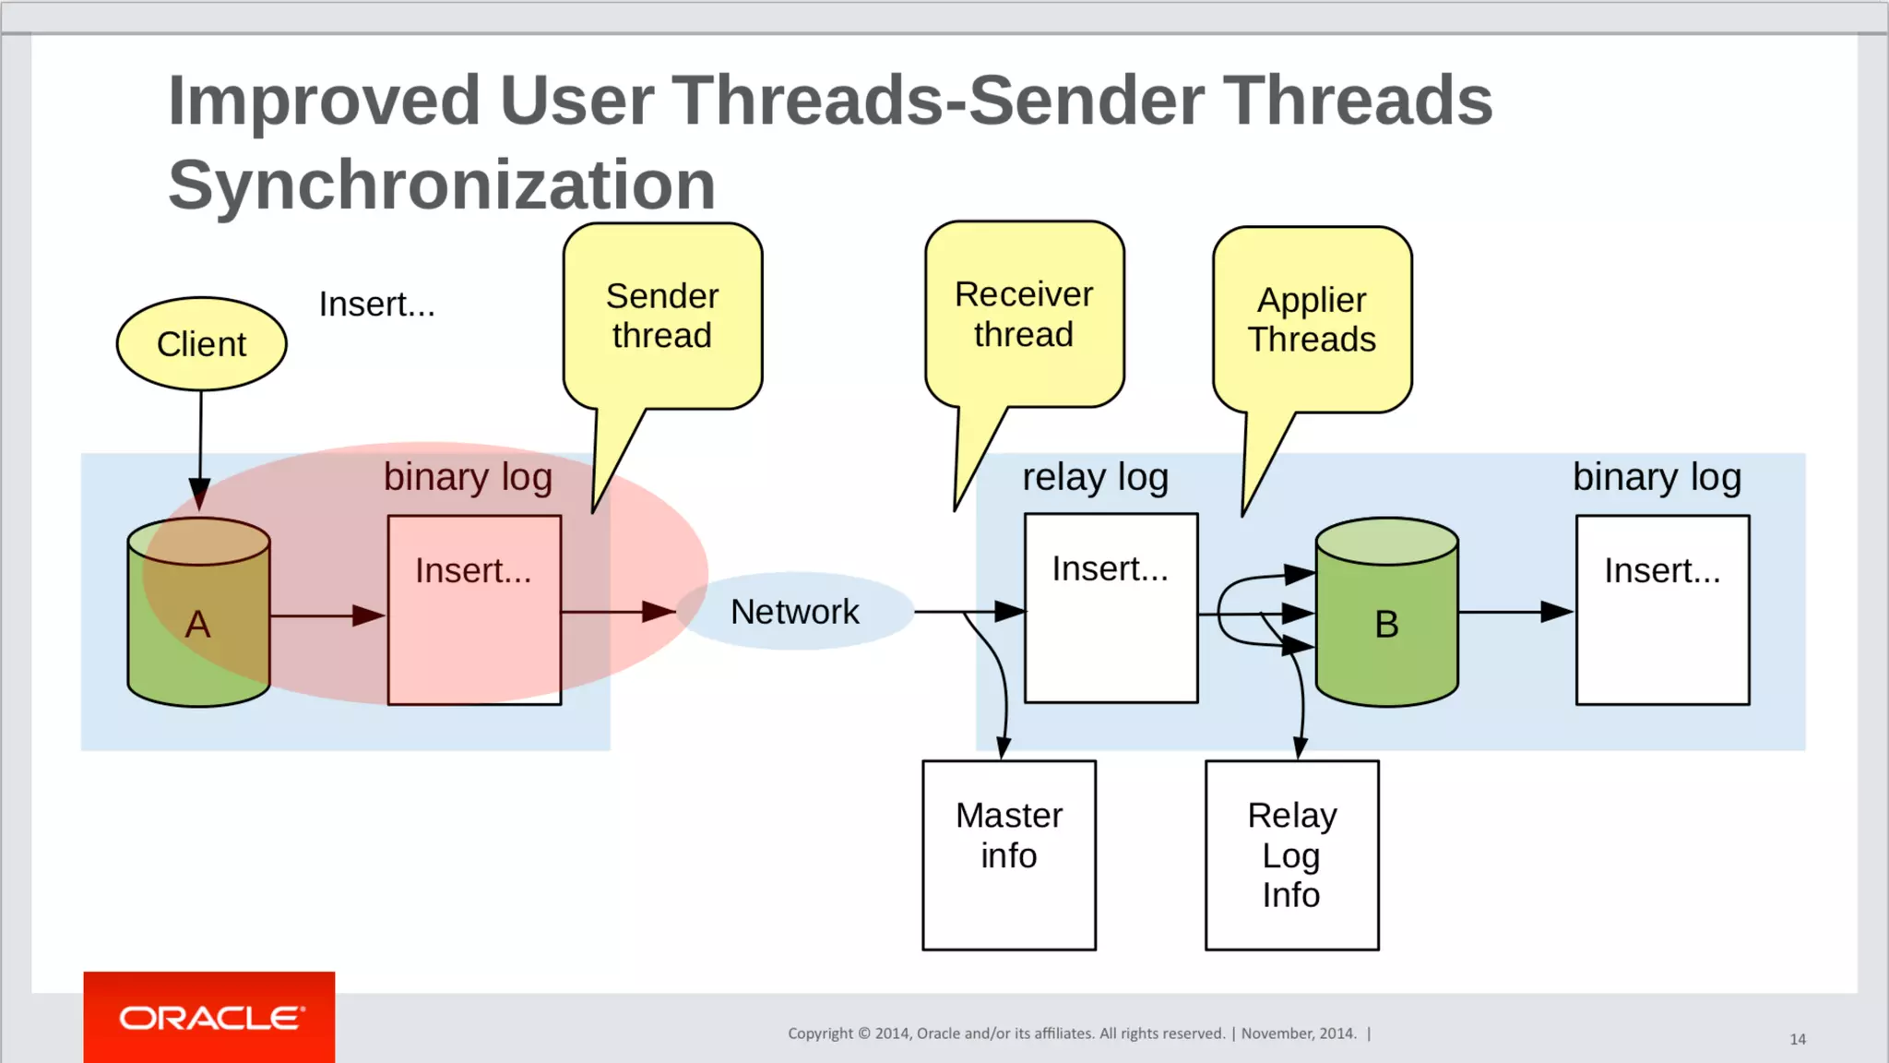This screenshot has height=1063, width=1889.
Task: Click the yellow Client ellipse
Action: pos(201,344)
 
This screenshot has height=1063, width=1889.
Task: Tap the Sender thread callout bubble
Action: pos(662,317)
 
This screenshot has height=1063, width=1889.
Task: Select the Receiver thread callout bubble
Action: pos(1024,315)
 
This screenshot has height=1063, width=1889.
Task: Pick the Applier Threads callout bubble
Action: pos(1312,320)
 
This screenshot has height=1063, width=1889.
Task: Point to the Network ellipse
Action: pos(795,612)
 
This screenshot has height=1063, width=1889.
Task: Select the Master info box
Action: pos(1009,854)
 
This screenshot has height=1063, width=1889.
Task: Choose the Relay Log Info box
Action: pos(1291,854)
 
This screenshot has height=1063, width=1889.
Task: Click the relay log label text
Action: pos(1095,478)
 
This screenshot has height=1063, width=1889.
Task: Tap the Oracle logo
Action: pos(210,1018)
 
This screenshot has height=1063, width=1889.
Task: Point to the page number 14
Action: pos(1798,1039)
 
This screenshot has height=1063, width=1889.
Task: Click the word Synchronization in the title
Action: pos(442,185)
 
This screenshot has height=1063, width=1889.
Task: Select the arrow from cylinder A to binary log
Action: pos(327,615)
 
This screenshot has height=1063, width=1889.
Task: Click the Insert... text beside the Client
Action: pos(376,305)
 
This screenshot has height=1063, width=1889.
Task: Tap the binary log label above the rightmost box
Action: pos(1657,478)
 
